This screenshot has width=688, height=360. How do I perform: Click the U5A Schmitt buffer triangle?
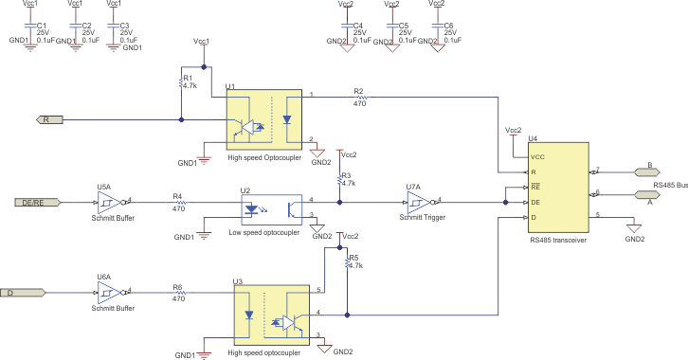[109, 202]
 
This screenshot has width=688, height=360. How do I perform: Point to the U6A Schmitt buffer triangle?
[109, 293]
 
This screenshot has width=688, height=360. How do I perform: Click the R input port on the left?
[50, 120]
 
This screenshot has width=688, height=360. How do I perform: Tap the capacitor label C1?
[41, 25]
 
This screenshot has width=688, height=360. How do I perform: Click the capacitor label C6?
[448, 25]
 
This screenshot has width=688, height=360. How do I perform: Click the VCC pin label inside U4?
[538, 156]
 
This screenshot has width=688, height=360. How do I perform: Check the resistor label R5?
[354, 258]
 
